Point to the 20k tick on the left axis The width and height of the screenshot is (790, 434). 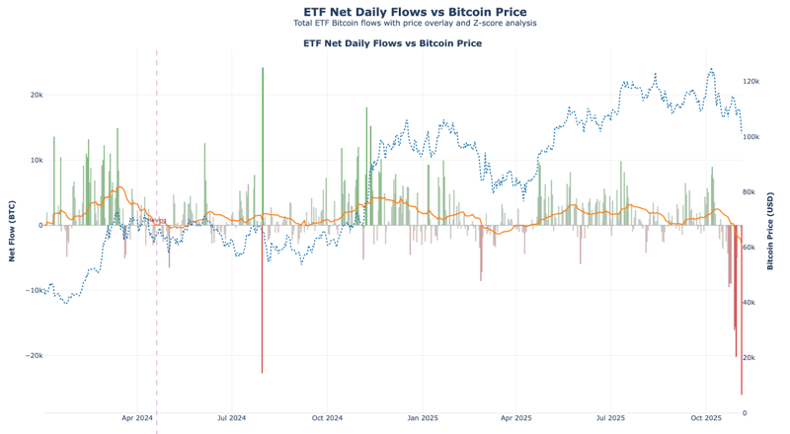tap(36, 96)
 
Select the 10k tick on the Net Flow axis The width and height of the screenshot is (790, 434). tap(36, 161)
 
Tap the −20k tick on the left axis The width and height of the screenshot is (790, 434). tap(33, 356)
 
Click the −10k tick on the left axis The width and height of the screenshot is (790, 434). tap(33, 291)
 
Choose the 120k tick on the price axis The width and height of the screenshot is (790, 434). tap(751, 82)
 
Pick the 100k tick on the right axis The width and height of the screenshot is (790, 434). tap(751, 137)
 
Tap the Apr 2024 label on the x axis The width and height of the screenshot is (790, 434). tap(137, 419)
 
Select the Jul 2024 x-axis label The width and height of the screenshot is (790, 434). tap(231, 419)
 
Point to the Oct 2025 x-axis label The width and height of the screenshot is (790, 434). tap(706, 419)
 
